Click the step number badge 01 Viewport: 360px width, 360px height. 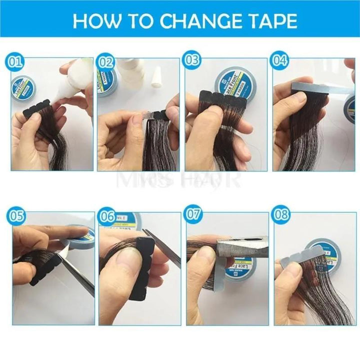point(16,62)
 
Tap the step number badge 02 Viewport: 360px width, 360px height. point(105,62)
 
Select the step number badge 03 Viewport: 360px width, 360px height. point(191,61)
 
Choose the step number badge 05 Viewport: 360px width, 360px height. point(16,216)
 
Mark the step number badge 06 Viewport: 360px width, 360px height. point(107,216)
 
